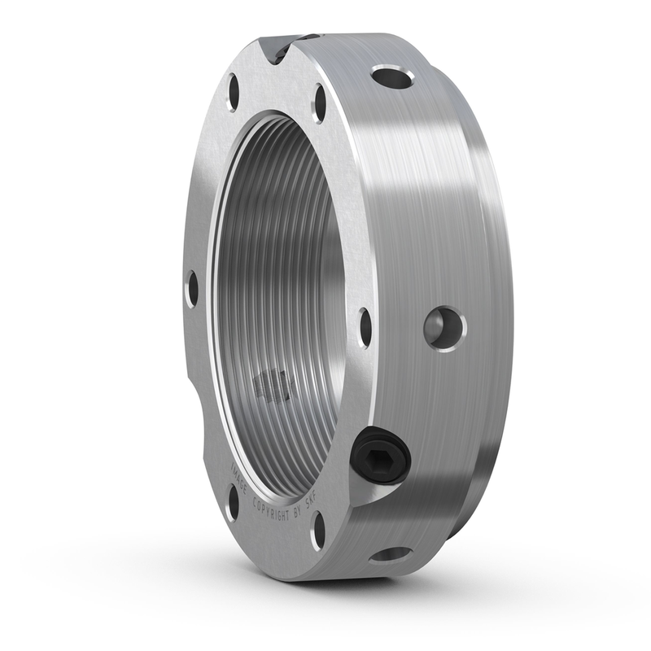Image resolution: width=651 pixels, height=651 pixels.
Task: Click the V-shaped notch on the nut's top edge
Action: [x=277, y=50]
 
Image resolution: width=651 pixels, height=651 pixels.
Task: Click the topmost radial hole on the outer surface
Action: [x=392, y=78]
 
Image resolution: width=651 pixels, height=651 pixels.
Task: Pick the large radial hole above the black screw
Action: [x=444, y=328]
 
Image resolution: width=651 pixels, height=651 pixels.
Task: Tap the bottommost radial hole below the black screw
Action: [x=391, y=555]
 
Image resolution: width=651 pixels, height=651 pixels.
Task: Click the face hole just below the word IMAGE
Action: [x=233, y=502]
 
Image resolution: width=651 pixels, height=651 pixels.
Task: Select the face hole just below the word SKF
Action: [x=319, y=529]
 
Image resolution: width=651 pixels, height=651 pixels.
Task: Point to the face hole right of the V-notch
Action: [x=320, y=104]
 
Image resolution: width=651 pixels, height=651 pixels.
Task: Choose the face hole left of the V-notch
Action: [x=234, y=92]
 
